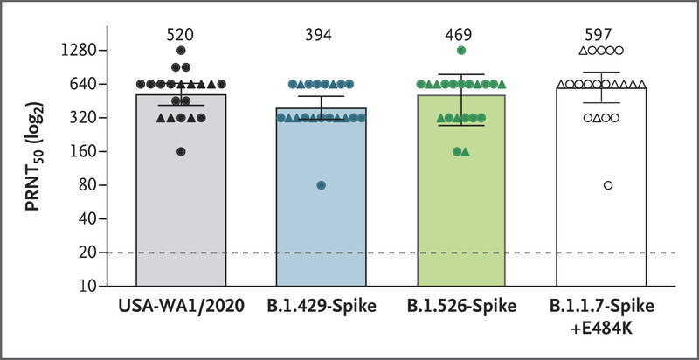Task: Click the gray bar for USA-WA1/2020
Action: [181, 201]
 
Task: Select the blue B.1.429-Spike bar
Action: [321, 210]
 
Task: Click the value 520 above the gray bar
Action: [181, 34]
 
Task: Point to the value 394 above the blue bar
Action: [321, 34]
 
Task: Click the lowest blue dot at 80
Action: [322, 185]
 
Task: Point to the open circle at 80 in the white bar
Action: [608, 185]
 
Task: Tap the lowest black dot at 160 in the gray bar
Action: [181, 151]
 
